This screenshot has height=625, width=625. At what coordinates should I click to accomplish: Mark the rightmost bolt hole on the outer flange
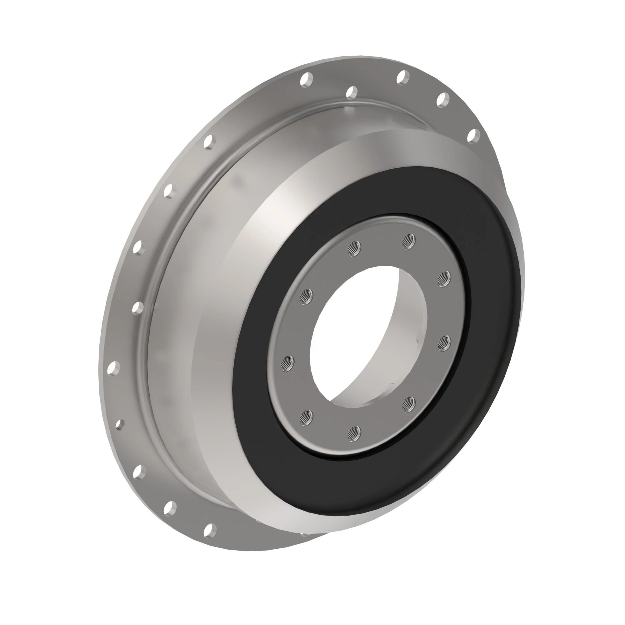[474, 135]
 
